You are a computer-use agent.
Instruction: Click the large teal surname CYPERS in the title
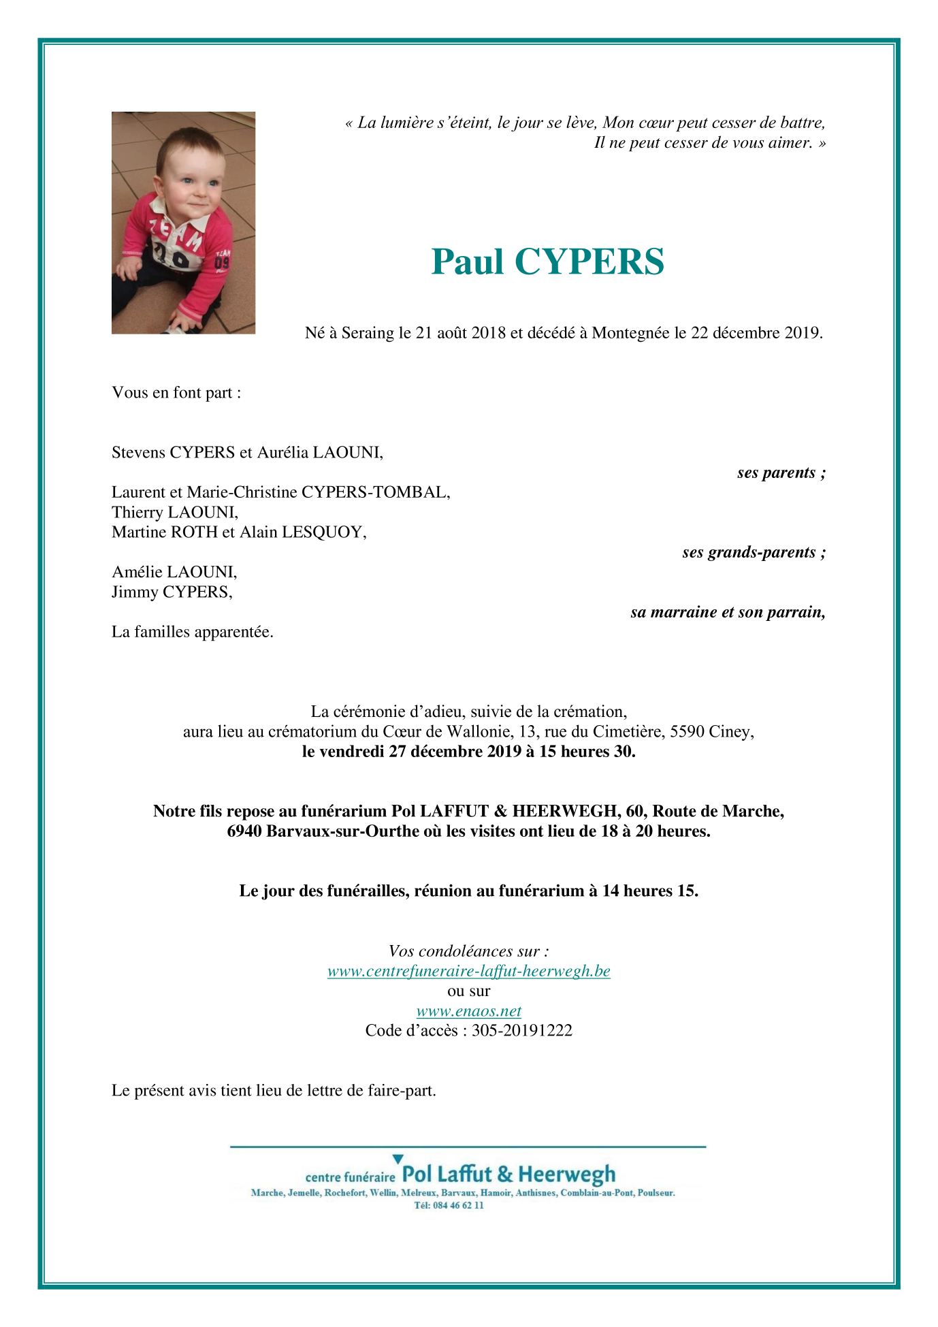tap(589, 262)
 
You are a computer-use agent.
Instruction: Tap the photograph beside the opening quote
tap(183, 223)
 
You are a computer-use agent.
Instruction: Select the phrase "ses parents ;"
tap(781, 473)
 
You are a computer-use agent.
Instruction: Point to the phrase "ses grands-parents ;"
tap(754, 552)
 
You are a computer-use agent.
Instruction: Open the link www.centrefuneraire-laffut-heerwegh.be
tap(468, 971)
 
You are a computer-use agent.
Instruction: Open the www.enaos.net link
tap(468, 1011)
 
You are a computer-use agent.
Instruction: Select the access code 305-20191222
tap(521, 1031)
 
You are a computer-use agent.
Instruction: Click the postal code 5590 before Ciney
tap(687, 732)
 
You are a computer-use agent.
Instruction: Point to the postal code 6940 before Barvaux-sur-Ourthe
tap(244, 831)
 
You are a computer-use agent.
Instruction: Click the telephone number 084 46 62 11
tap(458, 1205)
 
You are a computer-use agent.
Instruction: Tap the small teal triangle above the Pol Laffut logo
tap(398, 1159)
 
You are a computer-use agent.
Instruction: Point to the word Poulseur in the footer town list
tap(656, 1193)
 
